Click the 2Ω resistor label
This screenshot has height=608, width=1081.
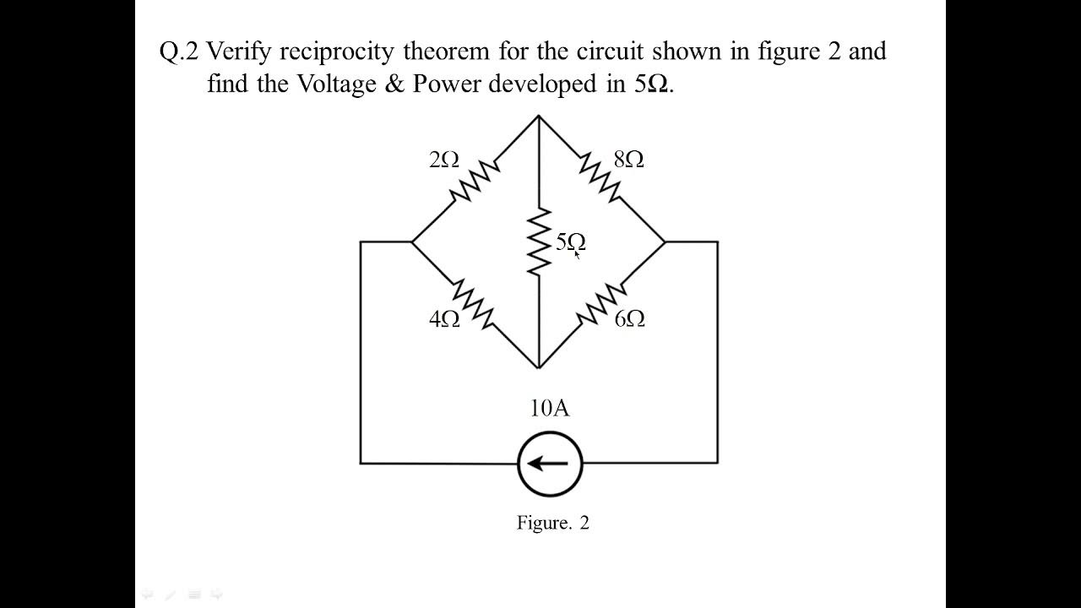[x=444, y=160]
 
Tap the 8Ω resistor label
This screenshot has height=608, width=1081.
[x=629, y=160]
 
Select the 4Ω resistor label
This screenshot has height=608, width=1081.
[x=444, y=319]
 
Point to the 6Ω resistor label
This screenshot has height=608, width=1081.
[x=630, y=319]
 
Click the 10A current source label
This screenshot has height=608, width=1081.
[x=550, y=409]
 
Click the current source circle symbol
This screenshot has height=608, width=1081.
[x=550, y=463]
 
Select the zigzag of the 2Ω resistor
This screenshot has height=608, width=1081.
[x=475, y=179]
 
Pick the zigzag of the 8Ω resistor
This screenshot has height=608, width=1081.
[x=601, y=178]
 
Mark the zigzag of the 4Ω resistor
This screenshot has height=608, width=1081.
[x=473, y=302]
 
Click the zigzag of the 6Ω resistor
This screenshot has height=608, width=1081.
[x=601, y=305]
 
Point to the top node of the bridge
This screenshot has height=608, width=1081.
[x=539, y=116]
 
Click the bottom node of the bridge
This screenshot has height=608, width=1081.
[x=539, y=368]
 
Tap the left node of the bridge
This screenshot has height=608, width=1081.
[x=412, y=242]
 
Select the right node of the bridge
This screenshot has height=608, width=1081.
[x=665, y=242]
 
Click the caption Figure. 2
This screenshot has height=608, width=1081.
[x=553, y=523]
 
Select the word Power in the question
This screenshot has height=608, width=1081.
[x=447, y=85]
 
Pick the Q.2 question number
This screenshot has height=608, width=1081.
[x=178, y=52]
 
